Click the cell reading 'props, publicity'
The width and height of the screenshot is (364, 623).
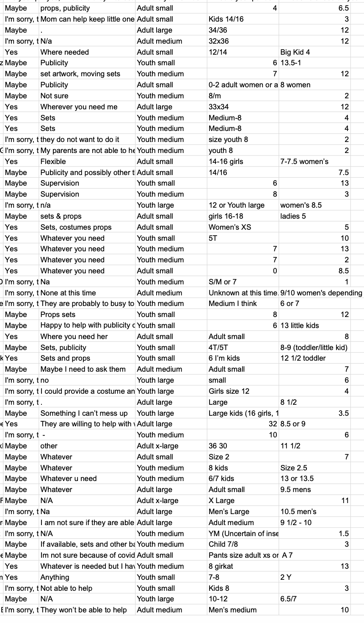pyautogui.click(x=65, y=8)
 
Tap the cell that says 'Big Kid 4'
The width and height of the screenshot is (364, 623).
pyautogui.click(x=295, y=52)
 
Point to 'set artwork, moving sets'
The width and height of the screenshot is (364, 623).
pyautogui.click(x=80, y=74)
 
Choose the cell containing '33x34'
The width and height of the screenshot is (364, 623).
pyautogui.click(x=218, y=107)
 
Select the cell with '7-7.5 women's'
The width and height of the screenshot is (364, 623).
pyautogui.click(x=304, y=161)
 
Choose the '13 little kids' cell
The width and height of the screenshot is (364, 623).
pyautogui.click(x=300, y=325)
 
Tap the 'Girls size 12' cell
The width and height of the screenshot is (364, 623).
pyautogui.click(x=229, y=391)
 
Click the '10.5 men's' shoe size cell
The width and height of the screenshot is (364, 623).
pyautogui.click(x=298, y=512)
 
